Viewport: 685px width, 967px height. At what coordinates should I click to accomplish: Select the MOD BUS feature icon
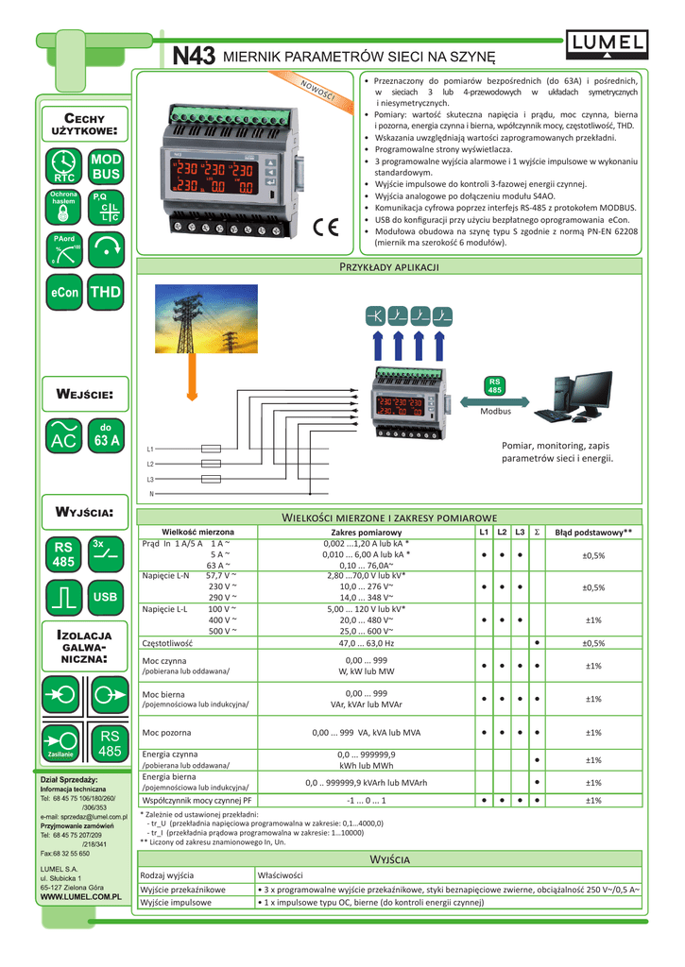tap(106, 168)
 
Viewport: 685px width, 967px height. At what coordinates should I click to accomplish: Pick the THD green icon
tap(106, 293)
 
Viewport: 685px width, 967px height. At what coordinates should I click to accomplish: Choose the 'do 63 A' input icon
tap(106, 434)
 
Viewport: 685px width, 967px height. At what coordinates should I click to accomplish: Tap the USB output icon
tap(106, 597)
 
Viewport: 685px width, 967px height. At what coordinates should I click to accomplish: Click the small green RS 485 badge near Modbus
tap(493, 386)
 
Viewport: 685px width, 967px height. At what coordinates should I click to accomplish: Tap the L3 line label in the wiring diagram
tap(150, 480)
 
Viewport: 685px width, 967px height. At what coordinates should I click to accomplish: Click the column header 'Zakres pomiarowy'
tap(353, 533)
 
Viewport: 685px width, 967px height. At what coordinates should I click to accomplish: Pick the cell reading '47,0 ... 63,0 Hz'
tap(353, 642)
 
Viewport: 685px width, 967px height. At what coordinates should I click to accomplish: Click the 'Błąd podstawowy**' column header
tap(593, 533)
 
